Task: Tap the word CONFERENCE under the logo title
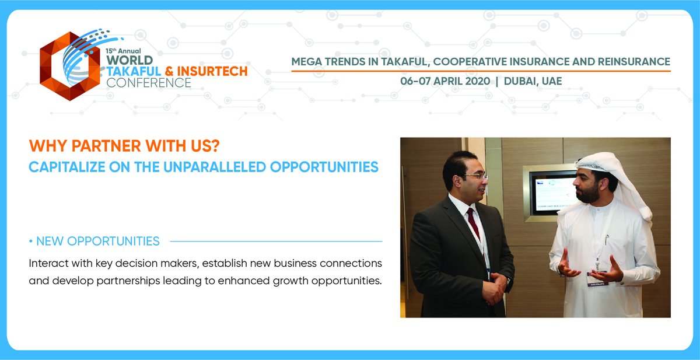coord(148,83)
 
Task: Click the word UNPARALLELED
coord(219,167)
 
